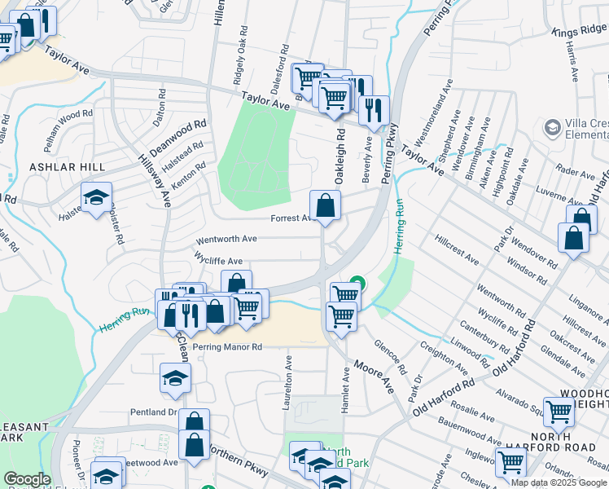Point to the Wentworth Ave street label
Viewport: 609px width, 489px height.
click(226, 240)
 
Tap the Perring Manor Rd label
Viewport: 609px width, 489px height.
click(227, 346)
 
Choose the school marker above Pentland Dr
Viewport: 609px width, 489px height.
click(175, 378)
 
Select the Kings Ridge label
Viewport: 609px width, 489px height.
click(579, 30)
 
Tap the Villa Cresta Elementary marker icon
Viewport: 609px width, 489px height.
click(550, 128)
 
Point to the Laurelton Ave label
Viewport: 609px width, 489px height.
click(287, 375)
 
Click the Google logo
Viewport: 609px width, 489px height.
click(27, 478)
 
